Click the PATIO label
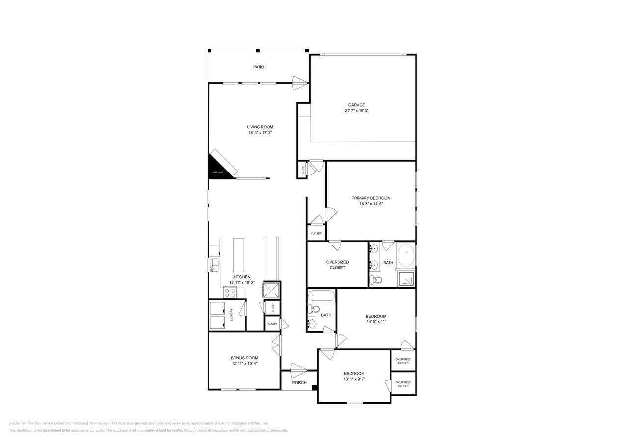pos(259,67)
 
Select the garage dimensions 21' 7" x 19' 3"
pos(356,111)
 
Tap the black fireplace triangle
pos(216,168)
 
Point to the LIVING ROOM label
pos(260,127)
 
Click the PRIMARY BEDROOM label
pos(371,198)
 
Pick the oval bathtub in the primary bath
pos(406,255)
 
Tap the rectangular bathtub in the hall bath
pos(321,295)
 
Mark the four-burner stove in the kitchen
pos(230,293)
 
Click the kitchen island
pos(238,255)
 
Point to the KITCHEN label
pos(242,277)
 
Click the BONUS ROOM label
pos(244,358)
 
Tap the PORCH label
pos(299,383)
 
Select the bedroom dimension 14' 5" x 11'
pos(376,322)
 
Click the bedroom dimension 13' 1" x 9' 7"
pos(354,379)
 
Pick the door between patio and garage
pos(300,83)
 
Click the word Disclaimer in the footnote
pos(17,423)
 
